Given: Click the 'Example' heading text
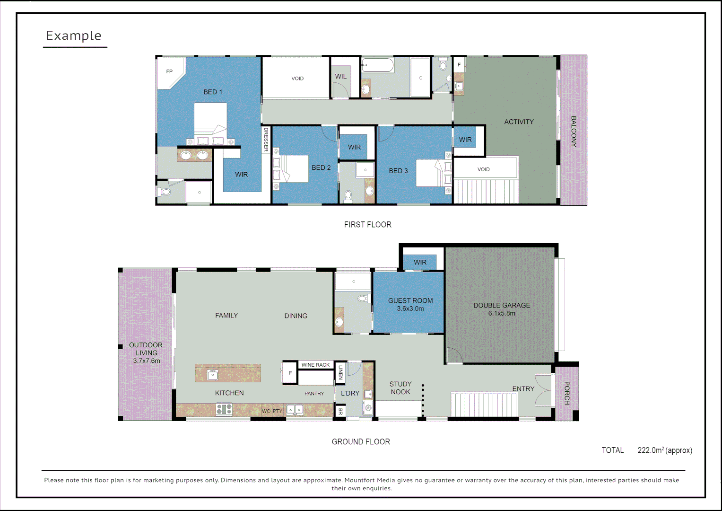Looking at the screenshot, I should tap(74, 35).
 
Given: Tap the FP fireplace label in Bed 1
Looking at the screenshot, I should tap(169, 72).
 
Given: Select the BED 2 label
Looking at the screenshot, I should tap(321, 168).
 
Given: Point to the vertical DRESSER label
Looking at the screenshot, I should tap(266, 140).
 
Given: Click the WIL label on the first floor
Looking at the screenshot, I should tap(341, 77).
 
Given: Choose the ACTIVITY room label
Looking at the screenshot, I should tap(519, 122).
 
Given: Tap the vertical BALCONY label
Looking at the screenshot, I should tap(574, 132).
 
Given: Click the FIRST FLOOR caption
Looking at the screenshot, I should tap(367, 225).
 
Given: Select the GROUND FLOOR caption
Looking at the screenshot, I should tap(361, 442).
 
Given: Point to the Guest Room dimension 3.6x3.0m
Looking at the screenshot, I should tap(410, 309).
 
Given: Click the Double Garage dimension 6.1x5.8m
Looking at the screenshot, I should tap(502, 313).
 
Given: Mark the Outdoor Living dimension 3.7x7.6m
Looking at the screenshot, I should tap(147, 361).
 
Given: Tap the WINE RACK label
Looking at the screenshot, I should tap(315, 365).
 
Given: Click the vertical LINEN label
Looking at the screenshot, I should tap(340, 372).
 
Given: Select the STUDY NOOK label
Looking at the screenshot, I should tap(400, 388).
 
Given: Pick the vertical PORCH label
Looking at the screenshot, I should tap(567, 393).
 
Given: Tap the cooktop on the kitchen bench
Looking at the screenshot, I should tap(224, 409).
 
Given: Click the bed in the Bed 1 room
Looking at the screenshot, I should tap(210, 122).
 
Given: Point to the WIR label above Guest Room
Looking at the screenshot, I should tap(420, 263).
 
